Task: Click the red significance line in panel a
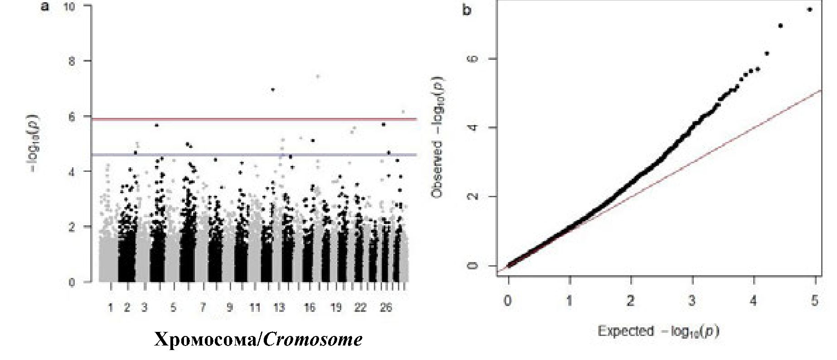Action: [x=254, y=119]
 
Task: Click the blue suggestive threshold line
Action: [x=254, y=155]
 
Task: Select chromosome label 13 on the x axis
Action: [x=279, y=308]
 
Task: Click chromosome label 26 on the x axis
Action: [x=386, y=308]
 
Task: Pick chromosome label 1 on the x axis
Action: [x=110, y=308]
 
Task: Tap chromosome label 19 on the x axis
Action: [x=336, y=308]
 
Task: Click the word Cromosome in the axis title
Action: [x=313, y=340]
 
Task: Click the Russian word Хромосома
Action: [x=206, y=340]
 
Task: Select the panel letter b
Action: [x=467, y=9]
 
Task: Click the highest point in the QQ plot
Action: [x=810, y=9]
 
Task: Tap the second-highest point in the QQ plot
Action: [x=780, y=25]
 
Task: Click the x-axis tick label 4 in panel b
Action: [x=753, y=301]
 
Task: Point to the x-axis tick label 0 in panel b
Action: [x=508, y=301]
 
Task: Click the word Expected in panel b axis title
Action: [x=625, y=331]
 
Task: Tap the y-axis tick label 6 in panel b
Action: [x=472, y=59]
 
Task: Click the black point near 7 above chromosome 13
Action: [x=272, y=89]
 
